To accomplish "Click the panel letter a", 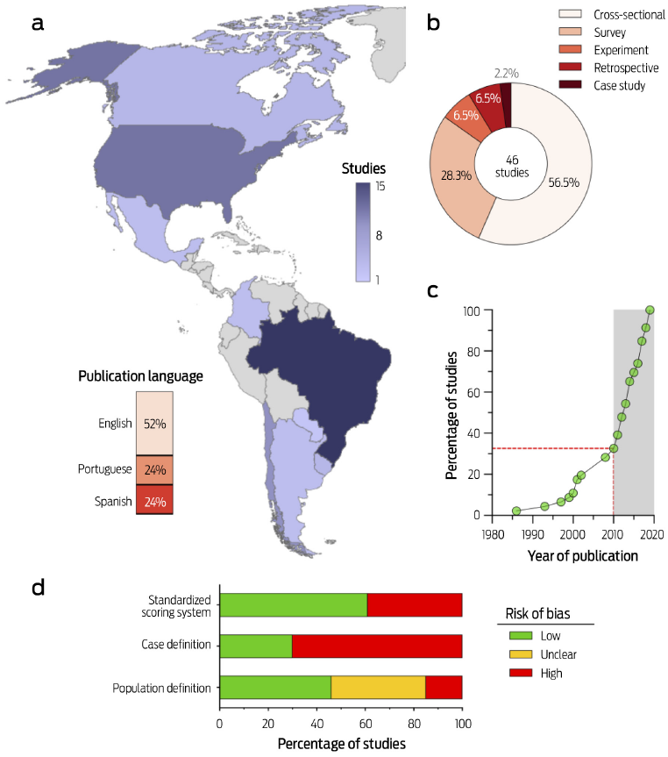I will [x=37, y=24].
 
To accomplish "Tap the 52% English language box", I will [x=154, y=423].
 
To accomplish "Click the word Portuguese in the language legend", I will [x=103, y=469].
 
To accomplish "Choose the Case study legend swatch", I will [x=544, y=85].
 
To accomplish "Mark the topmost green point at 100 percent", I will [x=650, y=310].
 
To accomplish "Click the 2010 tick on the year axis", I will [x=613, y=532].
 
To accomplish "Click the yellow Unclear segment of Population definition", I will [x=378, y=688].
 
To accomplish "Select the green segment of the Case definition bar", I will [x=255, y=646].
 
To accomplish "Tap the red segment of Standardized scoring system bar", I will [x=414, y=605].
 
